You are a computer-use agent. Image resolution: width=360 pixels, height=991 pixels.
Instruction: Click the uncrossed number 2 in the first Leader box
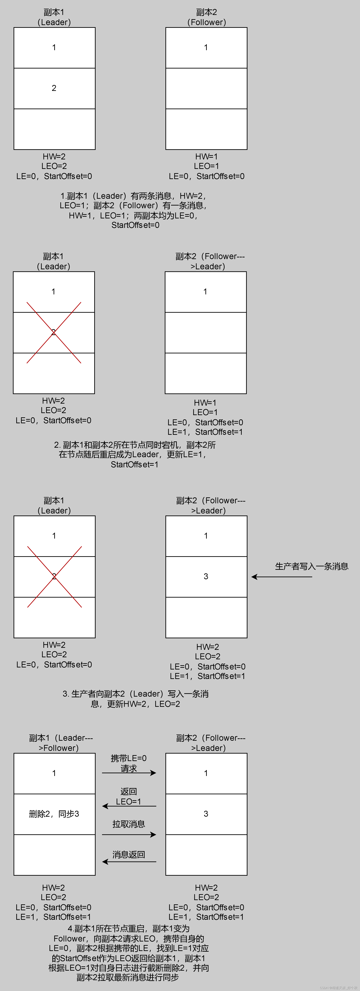click(x=54, y=88)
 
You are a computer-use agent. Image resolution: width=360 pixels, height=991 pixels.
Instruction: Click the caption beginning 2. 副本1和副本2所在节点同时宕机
click(x=135, y=455)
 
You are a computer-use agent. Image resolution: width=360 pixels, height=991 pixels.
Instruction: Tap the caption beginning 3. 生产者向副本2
click(x=135, y=699)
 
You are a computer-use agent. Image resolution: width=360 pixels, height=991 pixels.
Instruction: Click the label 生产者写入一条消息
click(x=312, y=566)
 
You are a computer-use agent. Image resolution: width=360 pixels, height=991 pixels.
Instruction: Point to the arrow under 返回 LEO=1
click(x=129, y=806)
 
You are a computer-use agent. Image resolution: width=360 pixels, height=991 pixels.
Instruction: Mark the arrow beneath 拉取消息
click(x=129, y=834)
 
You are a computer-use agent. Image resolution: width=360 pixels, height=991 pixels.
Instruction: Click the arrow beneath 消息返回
click(x=129, y=862)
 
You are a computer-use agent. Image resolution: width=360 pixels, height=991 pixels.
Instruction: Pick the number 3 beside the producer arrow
click(x=206, y=576)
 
